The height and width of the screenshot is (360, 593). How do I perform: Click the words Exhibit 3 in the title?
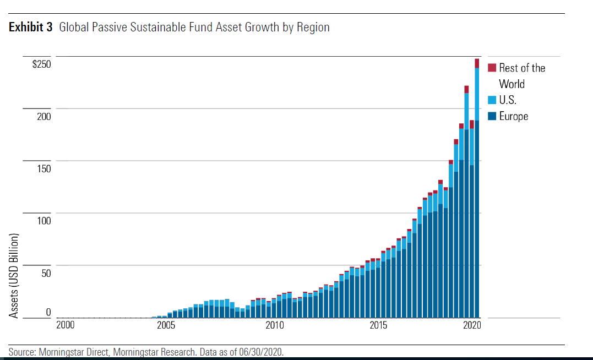click(30, 27)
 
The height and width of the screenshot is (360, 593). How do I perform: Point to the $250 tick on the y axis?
click(41, 64)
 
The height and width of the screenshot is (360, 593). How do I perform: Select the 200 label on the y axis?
click(43, 116)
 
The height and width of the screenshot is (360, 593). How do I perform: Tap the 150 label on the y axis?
click(43, 168)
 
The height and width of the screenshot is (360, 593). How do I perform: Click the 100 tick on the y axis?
click(43, 221)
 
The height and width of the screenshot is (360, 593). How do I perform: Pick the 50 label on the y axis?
click(46, 272)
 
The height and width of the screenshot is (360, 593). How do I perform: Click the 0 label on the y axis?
click(48, 312)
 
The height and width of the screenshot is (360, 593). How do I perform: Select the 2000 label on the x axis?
click(66, 325)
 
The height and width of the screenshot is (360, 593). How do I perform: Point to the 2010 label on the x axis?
click(274, 325)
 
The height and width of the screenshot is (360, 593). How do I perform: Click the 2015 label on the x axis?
click(378, 325)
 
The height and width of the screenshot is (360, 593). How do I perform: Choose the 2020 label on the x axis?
click(472, 325)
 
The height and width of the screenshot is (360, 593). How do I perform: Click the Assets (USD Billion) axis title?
click(15, 275)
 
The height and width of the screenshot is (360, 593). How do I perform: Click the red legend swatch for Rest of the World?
click(492, 68)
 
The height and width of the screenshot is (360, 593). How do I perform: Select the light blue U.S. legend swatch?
click(492, 100)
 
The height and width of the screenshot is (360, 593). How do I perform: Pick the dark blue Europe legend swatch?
click(492, 116)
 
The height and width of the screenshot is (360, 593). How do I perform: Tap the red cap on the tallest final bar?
click(477, 63)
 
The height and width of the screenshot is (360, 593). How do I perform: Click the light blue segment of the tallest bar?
click(477, 94)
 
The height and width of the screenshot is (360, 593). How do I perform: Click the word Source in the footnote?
click(23, 352)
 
